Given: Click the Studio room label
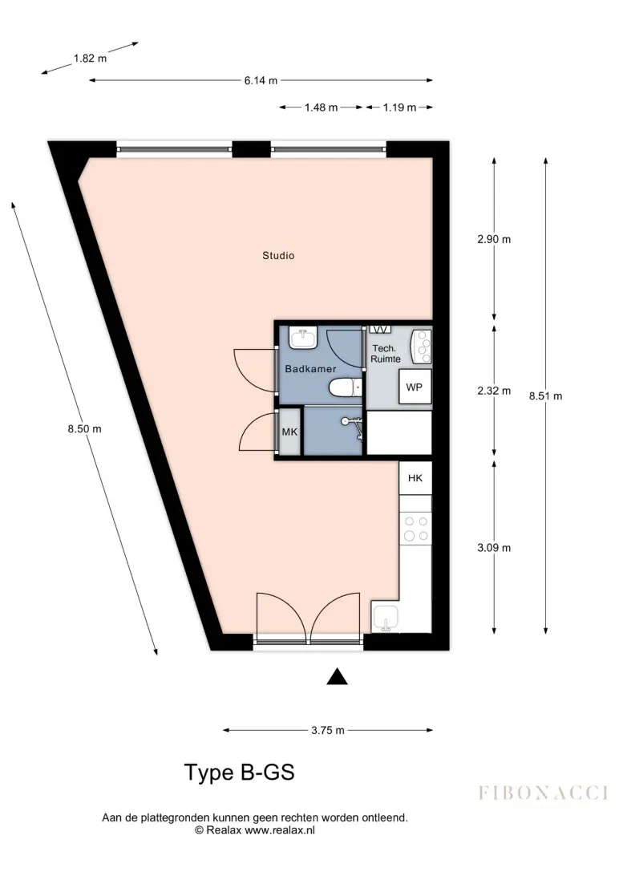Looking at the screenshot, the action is pos(278,256).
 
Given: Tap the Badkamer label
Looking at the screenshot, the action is pos(310,369).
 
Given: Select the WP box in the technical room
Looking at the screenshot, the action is pos(415,387).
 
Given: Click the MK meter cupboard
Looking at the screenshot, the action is pos(289,432).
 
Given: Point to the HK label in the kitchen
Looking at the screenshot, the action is pos(415,477).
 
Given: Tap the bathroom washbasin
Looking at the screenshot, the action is pos(303,338).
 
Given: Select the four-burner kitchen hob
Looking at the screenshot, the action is pos(416,529).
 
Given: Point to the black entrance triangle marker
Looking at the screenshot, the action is pos(337,676).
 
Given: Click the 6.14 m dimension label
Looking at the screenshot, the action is pos(261,80).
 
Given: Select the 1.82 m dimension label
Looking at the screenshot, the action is pos(90,58).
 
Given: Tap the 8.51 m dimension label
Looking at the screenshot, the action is pos(546,396).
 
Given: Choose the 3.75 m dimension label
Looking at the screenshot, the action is pos(328,730).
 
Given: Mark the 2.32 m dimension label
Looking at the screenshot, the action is pos(494,391).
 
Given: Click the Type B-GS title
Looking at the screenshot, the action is pos(240,772).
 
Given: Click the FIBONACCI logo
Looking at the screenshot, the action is pos(543,793).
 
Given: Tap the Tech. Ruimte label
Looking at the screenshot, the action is pos(386,354).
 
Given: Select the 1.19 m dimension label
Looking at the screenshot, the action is pos(399,107).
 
